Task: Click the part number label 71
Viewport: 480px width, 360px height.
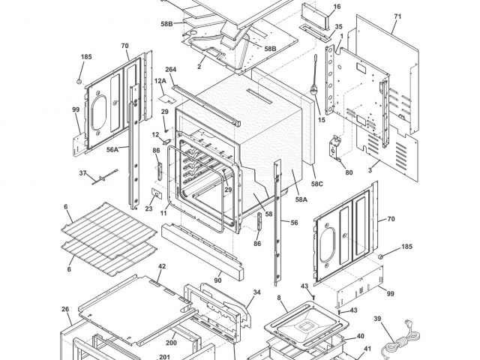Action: coord(397,16)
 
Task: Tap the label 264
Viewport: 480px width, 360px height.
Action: coord(170,70)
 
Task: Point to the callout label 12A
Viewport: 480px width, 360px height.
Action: coord(160,80)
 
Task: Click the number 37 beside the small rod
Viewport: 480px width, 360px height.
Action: coord(82,173)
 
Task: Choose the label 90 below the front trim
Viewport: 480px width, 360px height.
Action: coord(217,281)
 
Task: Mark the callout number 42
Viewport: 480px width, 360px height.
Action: coord(161,266)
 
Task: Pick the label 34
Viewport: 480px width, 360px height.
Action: coord(256,292)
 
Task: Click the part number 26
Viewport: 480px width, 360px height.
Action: coord(65,309)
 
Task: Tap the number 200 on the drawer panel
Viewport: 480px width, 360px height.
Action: coord(171,343)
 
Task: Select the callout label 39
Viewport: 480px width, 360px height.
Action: coord(377,319)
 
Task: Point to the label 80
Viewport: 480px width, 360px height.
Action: coord(349,172)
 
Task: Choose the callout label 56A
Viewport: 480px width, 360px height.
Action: coord(112,149)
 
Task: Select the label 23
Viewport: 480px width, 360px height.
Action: coord(149,209)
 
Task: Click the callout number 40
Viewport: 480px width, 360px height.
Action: coord(360,337)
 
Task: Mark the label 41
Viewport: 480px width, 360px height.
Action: coord(367,349)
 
